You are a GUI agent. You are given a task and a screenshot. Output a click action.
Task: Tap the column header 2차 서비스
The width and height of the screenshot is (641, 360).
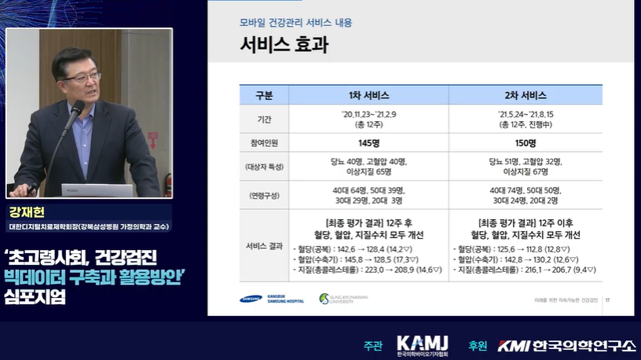pos(525,96)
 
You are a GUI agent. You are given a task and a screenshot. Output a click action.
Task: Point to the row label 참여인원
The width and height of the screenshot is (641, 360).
pos(264,144)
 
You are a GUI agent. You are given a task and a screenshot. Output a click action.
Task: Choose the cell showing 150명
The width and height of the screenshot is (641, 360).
pos(525,144)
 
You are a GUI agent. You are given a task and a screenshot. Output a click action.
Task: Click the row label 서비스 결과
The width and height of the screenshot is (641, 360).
pos(264,245)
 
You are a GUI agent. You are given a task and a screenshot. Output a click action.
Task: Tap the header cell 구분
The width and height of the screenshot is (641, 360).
pos(264,96)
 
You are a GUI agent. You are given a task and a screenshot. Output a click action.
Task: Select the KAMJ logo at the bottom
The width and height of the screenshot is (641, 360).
pos(422,345)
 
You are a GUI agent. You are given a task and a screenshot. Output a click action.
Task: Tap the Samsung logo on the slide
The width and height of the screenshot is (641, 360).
pos(254,299)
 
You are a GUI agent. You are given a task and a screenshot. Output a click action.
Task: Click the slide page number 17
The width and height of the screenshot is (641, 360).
pos(608,299)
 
